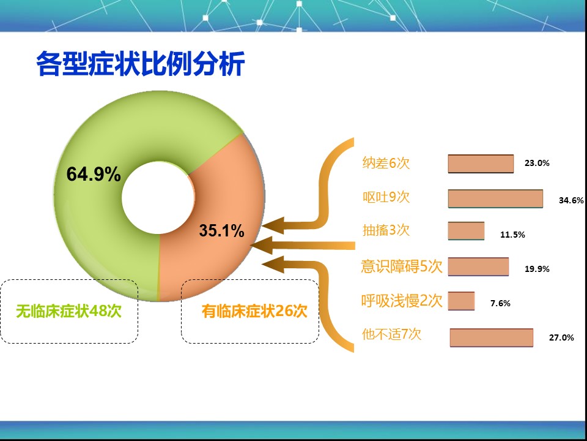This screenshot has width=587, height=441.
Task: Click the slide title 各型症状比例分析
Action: click(x=141, y=64)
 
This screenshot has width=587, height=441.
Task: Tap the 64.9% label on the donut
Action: click(x=94, y=175)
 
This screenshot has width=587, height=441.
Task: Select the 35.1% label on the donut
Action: click(x=221, y=230)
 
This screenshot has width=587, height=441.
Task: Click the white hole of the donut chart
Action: click(x=158, y=197)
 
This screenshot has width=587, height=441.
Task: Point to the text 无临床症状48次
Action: click(x=69, y=311)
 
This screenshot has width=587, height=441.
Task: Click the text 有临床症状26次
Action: click(x=254, y=311)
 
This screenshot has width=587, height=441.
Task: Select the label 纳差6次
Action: click(x=386, y=163)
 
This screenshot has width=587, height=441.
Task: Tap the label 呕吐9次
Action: click(x=386, y=197)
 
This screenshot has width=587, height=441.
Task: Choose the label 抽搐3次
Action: click(x=386, y=230)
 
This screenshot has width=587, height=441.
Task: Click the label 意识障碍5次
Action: click(x=402, y=266)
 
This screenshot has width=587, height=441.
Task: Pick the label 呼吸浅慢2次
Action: click(x=402, y=300)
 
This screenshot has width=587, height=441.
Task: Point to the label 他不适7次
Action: click(x=391, y=334)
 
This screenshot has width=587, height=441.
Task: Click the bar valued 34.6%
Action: click(x=496, y=198)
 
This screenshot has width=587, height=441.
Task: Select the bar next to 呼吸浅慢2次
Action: click(x=461, y=301)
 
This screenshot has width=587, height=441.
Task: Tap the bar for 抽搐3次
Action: click(x=466, y=231)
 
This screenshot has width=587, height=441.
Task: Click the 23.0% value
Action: click(x=537, y=163)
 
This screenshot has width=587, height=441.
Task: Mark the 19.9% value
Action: click(x=537, y=269)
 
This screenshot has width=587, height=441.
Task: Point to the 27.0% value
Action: click(x=561, y=337)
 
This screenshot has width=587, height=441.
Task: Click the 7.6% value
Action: click(x=501, y=303)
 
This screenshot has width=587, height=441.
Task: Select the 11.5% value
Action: click(x=512, y=235)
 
